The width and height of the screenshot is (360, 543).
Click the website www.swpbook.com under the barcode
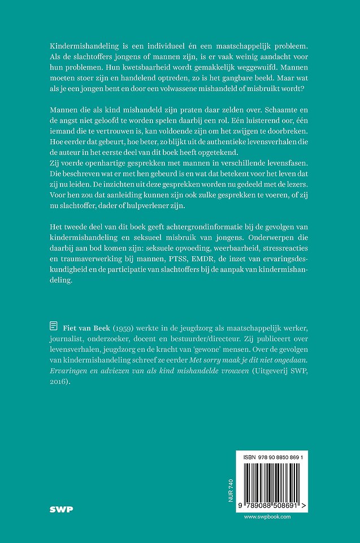pos(267,517)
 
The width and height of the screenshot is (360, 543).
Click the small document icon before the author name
pos(53,325)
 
